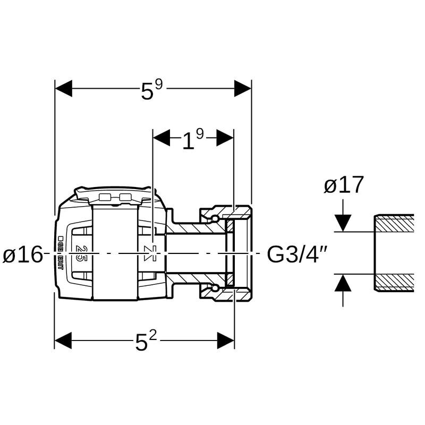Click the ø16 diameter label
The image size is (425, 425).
coord(22,255)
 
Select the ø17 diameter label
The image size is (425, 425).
coord(344,185)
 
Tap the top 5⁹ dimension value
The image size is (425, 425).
coord(150,90)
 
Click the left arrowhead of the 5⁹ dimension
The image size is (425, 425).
coord(63,89)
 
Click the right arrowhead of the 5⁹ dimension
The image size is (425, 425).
coord(243,89)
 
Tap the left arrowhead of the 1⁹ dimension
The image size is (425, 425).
coord(161,138)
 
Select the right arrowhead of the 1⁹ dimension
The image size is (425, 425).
coord(225,138)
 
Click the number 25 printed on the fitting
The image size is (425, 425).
coord(82,253)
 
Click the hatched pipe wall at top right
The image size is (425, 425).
coord(394,223)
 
